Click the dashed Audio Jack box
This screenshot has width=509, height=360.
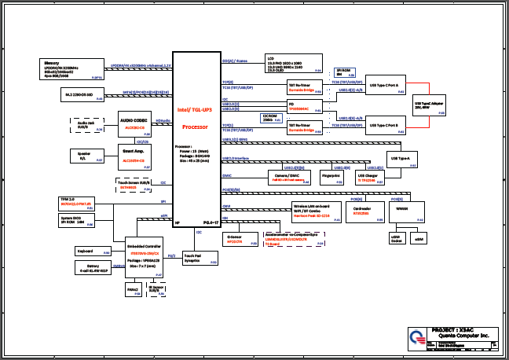(x=86, y=125)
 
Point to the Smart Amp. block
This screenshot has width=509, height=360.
(x=134, y=153)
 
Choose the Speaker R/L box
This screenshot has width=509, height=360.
(x=86, y=156)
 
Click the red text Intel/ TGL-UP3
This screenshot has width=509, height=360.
(x=193, y=111)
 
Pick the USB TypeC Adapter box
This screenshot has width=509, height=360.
(x=429, y=105)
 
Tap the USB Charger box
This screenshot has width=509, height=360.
(x=371, y=178)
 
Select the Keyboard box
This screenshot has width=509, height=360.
(x=90, y=252)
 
